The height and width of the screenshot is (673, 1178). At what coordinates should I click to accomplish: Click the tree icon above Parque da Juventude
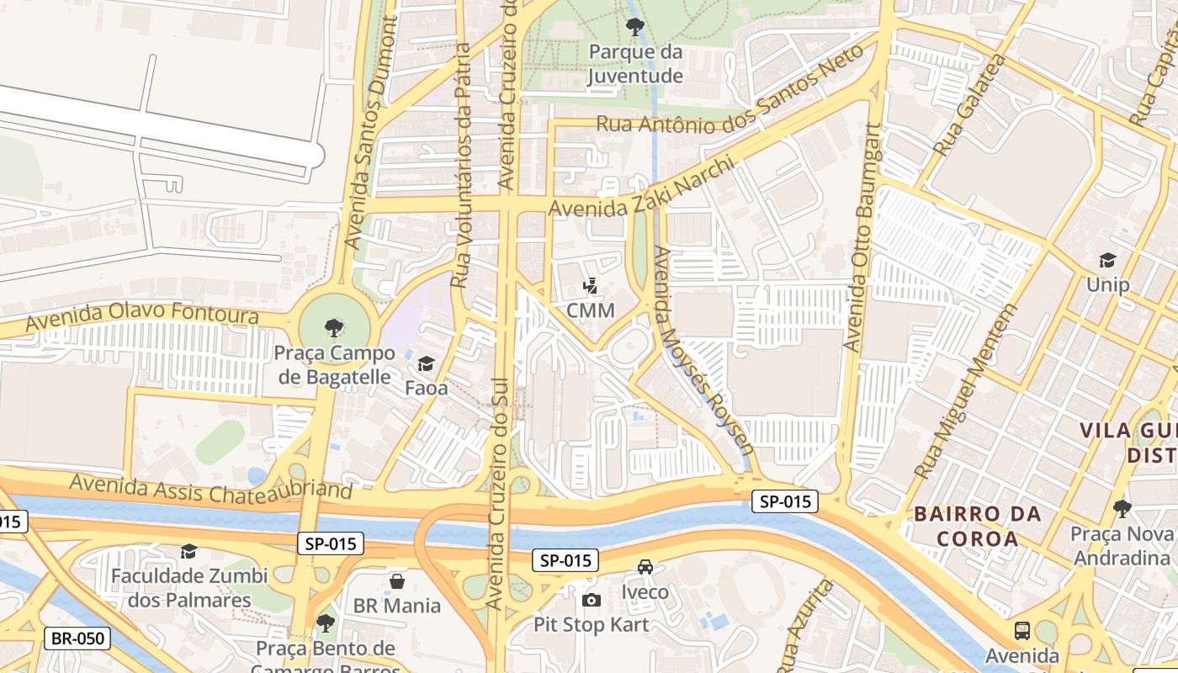[635, 26]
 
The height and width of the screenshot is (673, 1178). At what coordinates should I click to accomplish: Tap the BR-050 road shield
[78, 639]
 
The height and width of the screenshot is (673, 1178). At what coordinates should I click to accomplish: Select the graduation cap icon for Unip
[1107, 261]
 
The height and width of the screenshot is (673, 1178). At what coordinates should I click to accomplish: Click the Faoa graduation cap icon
[426, 364]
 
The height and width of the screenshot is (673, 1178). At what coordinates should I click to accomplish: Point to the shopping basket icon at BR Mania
[397, 581]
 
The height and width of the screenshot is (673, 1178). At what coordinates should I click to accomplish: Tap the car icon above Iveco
[645, 567]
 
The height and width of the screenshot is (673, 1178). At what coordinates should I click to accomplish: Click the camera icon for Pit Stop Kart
[592, 600]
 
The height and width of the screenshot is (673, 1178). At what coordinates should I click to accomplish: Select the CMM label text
[591, 310]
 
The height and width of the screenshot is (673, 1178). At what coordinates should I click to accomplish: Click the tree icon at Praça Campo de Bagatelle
[334, 328]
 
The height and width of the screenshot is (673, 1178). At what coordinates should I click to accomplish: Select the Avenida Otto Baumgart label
[864, 238]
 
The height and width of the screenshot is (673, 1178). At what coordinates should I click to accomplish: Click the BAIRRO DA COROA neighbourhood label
[977, 526]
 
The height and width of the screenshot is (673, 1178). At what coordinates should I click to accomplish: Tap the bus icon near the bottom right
[1022, 630]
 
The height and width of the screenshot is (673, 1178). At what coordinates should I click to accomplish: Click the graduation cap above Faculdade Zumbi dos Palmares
[189, 551]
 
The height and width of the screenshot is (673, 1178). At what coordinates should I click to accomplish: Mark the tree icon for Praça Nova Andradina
[1122, 508]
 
